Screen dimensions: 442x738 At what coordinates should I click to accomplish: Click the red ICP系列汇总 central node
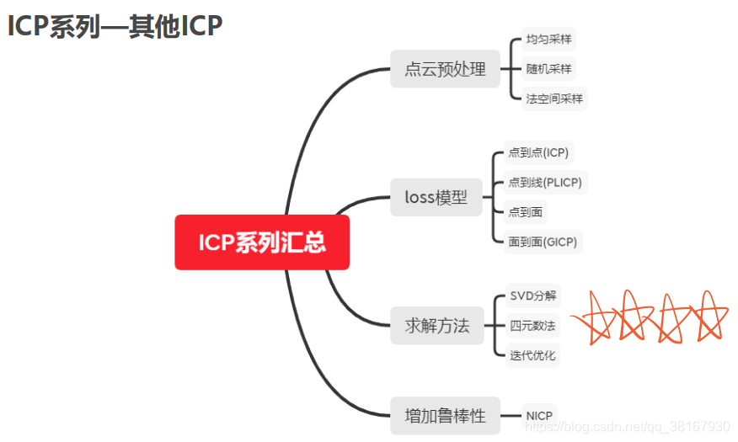262,242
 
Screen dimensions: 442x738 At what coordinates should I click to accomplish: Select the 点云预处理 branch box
445,69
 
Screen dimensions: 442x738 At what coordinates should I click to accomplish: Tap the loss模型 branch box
436,198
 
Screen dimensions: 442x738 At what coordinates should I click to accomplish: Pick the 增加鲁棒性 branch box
445,415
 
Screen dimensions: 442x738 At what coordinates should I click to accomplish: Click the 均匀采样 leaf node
548,39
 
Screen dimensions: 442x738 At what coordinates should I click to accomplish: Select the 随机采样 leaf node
548,69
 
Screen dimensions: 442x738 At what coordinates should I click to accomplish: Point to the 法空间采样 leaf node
553,99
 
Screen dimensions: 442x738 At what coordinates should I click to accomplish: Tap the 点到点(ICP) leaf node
538,152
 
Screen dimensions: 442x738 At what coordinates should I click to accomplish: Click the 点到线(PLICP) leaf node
544,182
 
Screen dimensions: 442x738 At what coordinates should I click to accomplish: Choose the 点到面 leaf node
525,211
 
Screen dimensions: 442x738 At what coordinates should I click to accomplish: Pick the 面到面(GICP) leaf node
542,242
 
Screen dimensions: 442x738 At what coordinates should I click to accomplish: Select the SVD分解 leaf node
532,296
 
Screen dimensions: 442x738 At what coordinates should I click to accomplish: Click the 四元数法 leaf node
532,325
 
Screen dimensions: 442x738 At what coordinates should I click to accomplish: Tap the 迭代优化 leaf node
532,355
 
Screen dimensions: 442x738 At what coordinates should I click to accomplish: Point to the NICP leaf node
539,416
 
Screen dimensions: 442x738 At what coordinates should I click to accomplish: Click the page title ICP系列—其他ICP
115,26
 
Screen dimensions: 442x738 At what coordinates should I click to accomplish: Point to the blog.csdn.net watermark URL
628,427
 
